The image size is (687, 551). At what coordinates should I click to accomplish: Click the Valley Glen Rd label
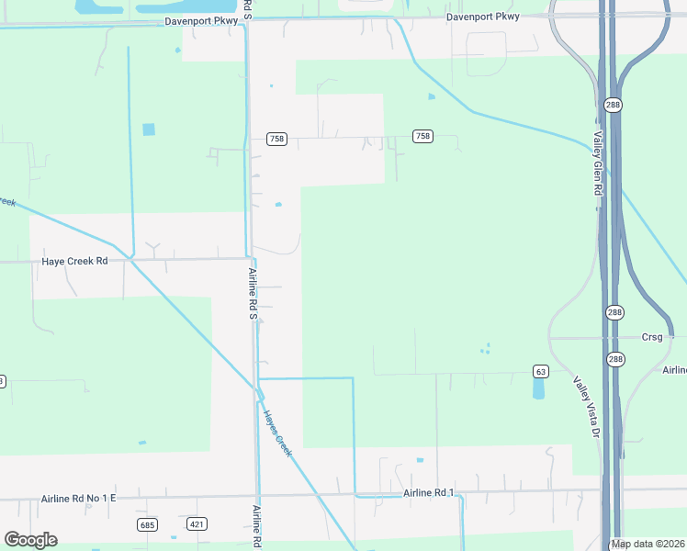(597, 164)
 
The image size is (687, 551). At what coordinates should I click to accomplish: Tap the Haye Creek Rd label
(75, 261)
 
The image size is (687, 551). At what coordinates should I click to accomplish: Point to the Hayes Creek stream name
(278, 433)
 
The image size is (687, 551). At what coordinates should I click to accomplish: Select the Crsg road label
(652, 337)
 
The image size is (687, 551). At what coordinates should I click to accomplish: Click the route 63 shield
(540, 371)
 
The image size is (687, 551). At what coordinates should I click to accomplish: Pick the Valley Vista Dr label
(587, 407)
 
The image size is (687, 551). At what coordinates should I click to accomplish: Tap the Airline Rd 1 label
(429, 493)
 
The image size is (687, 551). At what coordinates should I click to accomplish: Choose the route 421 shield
(197, 524)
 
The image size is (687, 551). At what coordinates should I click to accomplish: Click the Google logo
(30, 540)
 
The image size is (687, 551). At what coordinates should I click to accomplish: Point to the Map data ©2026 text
(648, 545)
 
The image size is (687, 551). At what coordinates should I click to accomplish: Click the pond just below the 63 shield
(538, 388)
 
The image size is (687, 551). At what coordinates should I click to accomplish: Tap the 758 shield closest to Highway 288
(422, 136)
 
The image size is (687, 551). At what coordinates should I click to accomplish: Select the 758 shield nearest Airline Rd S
(277, 139)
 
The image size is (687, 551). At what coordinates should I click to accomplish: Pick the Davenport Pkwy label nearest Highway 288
(483, 17)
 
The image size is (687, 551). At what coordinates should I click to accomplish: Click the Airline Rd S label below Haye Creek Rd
(253, 294)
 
